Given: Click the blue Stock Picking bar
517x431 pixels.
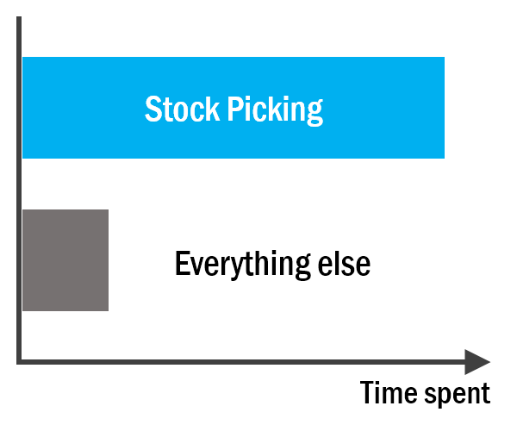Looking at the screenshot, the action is coord(234,108).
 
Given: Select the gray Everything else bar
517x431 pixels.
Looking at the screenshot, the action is coord(65,260).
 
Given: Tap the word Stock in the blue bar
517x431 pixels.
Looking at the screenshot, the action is coord(182,109).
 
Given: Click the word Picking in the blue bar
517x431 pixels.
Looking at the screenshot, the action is coord(276,110).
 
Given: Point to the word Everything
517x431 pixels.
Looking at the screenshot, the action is coord(243,265).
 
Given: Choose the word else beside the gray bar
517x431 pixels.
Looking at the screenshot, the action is coord(344,264).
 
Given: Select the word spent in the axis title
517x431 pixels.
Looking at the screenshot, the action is coord(458,394).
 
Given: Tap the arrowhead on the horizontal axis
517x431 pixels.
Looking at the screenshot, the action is coord(477,362).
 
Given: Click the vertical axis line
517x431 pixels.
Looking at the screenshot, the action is coord(19,191).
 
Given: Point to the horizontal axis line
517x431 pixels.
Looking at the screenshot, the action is coord(240,362).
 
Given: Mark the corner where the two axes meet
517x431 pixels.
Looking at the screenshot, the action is coord(19,362).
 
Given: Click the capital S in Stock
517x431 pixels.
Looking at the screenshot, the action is coord(153,109).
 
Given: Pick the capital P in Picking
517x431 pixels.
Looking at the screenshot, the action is coord(235,109).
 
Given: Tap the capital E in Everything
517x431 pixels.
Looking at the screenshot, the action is coord(182,263).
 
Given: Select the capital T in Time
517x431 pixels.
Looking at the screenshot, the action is coord(367,392).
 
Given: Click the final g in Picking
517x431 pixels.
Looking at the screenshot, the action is coord(315,114).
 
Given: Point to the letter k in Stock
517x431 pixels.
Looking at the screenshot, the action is coord(213,108).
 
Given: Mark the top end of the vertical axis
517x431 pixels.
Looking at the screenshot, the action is coord(19,17).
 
